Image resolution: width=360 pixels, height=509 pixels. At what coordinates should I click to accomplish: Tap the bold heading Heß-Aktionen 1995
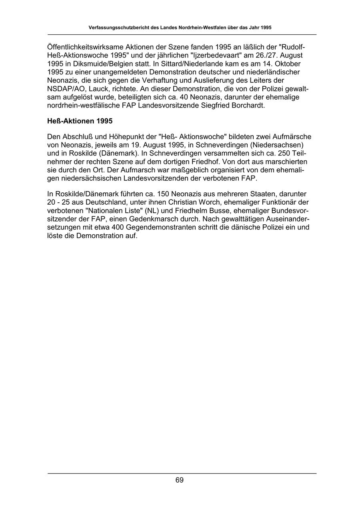click(80, 121)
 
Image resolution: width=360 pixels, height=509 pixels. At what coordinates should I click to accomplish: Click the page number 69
click(180, 480)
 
